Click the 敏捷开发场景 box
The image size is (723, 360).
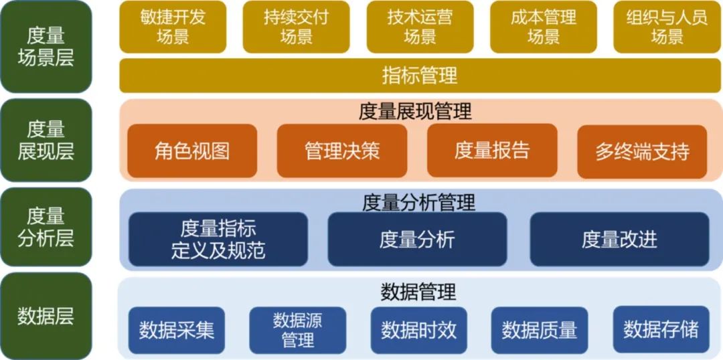point(172,27)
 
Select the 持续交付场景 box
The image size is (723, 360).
point(296,27)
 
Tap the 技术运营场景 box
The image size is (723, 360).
point(420,27)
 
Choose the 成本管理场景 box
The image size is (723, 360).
point(543,27)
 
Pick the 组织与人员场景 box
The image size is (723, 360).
point(667,27)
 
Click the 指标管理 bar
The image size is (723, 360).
point(420,75)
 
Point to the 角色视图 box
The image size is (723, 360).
point(192,151)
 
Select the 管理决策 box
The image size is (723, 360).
point(342,151)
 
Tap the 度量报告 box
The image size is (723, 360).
point(492,151)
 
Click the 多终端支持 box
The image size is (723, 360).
point(642,151)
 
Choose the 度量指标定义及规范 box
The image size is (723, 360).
point(218,240)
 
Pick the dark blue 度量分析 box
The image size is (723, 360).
point(417,240)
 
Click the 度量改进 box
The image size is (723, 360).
point(619,240)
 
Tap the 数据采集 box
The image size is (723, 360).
point(177,330)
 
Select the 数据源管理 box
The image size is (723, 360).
point(298,330)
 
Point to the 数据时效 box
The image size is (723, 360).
point(418,330)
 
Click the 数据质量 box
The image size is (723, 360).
point(540,330)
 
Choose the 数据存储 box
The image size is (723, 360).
point(661,329)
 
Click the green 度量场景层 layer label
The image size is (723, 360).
point(46,46)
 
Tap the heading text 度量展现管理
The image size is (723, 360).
point(415,111)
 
